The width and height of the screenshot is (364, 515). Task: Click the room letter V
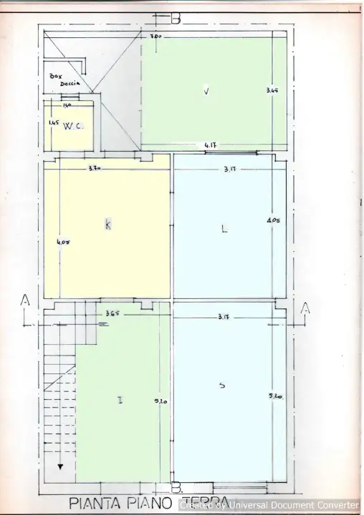coord(206,91)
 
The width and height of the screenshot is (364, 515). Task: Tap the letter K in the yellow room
coord(107,225)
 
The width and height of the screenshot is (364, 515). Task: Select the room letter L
coord(224,230)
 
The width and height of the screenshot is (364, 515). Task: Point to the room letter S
coord(222,386)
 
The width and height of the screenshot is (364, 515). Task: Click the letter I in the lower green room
coord(120,400)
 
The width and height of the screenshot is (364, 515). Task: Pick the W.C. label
coord(72,127)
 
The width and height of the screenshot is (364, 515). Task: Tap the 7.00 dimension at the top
coord(155,36)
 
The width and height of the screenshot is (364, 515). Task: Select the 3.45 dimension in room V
coord(271,91)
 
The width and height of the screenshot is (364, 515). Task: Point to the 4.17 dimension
coord(211,145)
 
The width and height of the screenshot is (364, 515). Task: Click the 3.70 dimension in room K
coord(94,169)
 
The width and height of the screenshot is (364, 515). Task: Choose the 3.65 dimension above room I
coord(112,313)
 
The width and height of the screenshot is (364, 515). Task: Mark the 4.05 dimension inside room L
coord(272,220)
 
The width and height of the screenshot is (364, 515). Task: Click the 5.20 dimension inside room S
coord(275,396)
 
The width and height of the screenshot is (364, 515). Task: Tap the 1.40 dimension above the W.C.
coord(67,106)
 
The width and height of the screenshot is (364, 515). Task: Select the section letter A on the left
coord(24,302)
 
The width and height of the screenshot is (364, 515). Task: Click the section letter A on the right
coord(305,308)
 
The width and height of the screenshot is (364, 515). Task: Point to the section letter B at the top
coord(176,19)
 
